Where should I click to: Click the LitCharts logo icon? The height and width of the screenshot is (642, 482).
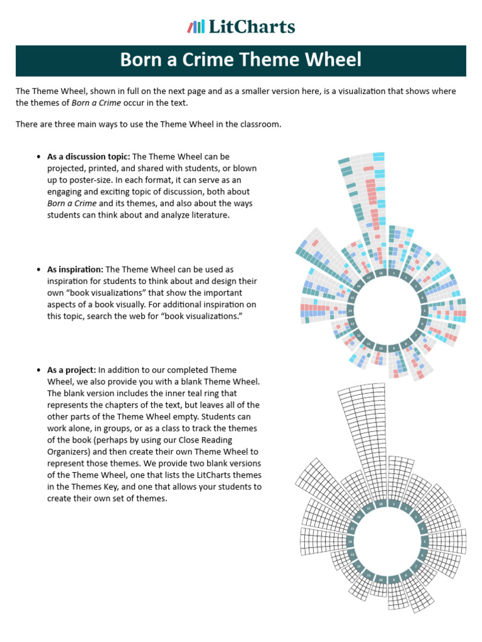click(196, 26)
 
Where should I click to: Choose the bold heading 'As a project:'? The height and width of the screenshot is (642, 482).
click(72, 370)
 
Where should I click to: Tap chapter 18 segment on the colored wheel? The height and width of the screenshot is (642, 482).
click(381, 273)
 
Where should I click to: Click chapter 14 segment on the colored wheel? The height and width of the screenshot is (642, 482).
click(350, 311)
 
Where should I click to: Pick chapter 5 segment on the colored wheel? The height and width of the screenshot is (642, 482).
click(424, 310)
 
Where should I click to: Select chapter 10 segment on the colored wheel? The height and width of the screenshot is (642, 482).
click(381, 348)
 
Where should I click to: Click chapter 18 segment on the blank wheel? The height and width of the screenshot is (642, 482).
click(381, 503)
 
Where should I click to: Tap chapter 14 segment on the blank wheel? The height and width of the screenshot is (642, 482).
click(350, 540)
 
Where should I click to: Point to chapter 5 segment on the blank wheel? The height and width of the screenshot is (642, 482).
click(424, 540)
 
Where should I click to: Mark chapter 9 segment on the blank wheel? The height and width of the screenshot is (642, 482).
click(394, 577)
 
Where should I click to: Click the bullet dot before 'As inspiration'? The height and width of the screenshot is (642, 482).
click(39, 270)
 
